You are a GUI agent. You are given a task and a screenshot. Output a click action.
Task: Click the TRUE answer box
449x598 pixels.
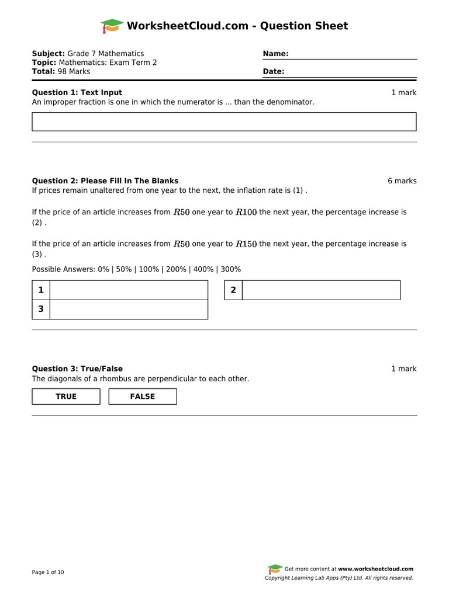pyautogui.click(x=66, y=397)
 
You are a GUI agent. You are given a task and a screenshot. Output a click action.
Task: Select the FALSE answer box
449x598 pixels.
pyautogui.click(x=143, y=397)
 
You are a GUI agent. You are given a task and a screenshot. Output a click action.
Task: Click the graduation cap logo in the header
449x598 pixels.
pyautogui.click(x=112, y=26)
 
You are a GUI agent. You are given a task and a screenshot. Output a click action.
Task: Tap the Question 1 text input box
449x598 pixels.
pyautogui.click(x=224, y=121)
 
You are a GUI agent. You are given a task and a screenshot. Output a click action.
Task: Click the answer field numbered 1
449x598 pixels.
pyautogui.click(x=129, y=290)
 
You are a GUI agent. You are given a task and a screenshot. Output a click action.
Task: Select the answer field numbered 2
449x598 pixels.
pyautogui.click(x=321, y=290)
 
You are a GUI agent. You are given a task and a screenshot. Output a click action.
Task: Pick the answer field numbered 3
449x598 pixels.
pyautogui.click(x=129, y=310)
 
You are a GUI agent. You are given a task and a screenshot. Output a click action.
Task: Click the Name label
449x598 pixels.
pyautogui.click(x=276, y=54)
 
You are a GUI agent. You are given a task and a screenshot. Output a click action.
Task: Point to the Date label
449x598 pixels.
pyautogui.click(x=274, y=72)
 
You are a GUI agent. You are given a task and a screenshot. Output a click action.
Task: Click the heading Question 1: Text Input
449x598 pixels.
pyautogui.click(x=77, y=92)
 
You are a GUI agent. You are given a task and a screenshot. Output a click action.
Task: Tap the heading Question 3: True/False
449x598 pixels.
pyautogui.click(x=77, y=368)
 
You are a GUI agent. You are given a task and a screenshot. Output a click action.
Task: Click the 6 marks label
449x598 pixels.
pyautogui.click(x=402, y=181)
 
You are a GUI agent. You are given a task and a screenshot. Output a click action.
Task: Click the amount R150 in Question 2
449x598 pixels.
pyautogui.click(x=246, y=244)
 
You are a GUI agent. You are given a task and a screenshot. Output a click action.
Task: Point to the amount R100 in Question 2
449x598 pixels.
pyautogui.click(x=246, y=213)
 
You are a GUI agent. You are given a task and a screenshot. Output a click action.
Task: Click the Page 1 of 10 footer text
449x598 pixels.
pyautogui.click(x=48, y=572)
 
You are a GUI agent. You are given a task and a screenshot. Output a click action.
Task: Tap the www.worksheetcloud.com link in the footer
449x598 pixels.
pyautogui.click(x=375, y=569)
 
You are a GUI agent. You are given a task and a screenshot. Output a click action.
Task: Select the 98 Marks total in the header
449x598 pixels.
pyautogui.click(x=71, y=71)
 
